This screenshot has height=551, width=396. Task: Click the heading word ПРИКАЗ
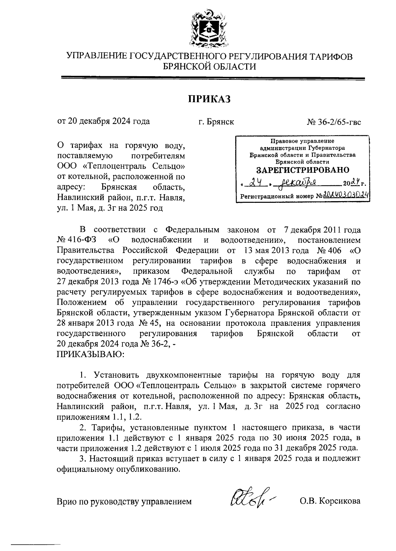coord(209,99)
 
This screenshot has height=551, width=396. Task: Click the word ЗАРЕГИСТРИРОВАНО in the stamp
coord(303,170)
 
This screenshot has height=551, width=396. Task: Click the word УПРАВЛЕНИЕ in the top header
coord(96,57)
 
